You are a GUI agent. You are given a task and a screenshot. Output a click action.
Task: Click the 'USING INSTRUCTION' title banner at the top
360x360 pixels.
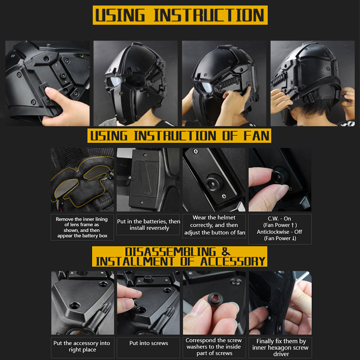180,15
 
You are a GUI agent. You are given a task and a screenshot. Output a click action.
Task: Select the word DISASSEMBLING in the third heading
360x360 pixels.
171,252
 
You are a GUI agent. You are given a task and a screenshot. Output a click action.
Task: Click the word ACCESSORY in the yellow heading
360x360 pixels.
233,261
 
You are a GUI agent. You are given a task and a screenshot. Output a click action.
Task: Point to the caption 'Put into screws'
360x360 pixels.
148,343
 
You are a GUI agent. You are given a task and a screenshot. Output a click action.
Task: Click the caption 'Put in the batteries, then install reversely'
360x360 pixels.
148,225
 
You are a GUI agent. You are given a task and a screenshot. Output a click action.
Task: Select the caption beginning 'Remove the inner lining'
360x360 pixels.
82,227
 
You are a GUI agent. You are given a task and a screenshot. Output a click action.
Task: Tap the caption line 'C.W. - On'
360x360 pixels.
279,219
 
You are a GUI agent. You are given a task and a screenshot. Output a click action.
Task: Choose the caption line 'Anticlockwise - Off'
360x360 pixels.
279,232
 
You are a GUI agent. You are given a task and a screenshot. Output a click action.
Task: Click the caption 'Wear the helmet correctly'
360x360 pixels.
214,225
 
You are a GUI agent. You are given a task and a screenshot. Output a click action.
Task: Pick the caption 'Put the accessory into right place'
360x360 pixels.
82,346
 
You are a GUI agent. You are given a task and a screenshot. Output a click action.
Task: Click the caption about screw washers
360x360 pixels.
214,346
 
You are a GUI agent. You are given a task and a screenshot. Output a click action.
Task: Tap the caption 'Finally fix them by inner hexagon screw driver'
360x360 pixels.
280,347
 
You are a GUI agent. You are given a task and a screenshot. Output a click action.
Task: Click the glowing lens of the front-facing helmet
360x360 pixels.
114,81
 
